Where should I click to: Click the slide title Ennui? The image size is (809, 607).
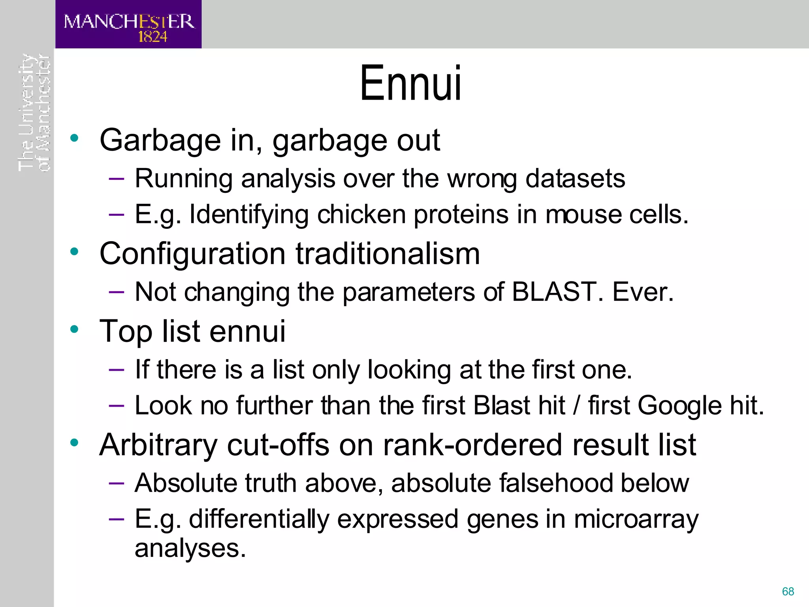pyautogui.click(x=410, y=83)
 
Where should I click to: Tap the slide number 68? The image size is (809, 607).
pyautogui.click(x=788, y=591)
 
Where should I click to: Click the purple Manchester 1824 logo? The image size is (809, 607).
pyautogui.click(x=128, y=25)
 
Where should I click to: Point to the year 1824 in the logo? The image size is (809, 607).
pyautogui.click(x=152, y=37)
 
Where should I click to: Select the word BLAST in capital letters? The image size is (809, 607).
pyautogui.click(x=554, y=292)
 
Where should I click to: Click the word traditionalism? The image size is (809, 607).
pyautogui.click(x=388, y=254)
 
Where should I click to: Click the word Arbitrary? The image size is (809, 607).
pyautogui.click(x=158, y=445)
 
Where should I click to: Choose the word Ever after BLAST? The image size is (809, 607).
pyautogui.click(x=642, y=292)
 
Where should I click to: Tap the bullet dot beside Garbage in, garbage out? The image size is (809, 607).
pyautogui.click(x=74, y=138)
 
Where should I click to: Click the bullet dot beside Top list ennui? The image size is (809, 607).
pyautogui.click(x=74, y=329)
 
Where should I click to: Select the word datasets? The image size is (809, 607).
pyautogui.click(x=575, y=179)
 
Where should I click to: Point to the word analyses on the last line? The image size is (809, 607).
pyautogui.click(x=190, y=549)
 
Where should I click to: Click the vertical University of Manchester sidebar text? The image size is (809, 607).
pyautogui.click(x=34, y=113)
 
